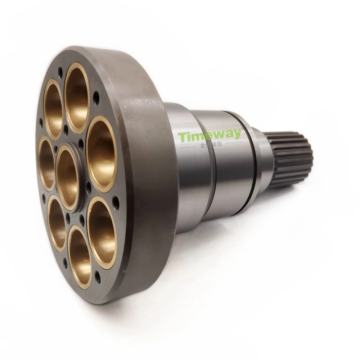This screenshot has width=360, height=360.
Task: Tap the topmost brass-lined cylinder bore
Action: tap(77, 97)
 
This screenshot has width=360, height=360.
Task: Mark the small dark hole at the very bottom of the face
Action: tap(98, 276)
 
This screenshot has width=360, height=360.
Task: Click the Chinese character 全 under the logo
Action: tap(202, 145)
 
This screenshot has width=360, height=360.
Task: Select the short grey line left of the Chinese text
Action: tap(188, 146)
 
